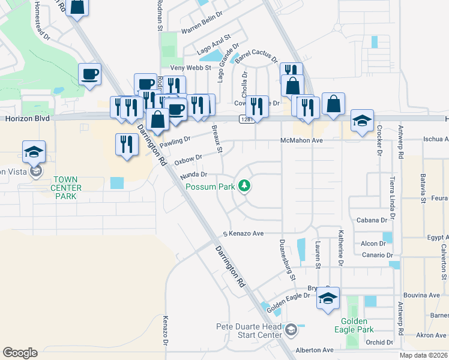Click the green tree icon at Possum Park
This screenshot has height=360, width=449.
(244, 187)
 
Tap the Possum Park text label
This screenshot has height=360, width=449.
(209, 187)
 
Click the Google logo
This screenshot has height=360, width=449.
(20, 352)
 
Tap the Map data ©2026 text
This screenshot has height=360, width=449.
(423, 355)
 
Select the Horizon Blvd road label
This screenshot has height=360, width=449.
(26, 119)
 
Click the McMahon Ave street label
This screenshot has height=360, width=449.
(301, 140)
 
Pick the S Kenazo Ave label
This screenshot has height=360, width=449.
(244, 233)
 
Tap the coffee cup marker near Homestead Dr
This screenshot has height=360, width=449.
(89, 74)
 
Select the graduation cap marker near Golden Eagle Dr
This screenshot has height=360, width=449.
(328, 299)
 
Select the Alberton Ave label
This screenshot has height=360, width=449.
(314, 350)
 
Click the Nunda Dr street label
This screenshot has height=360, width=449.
(193, 175)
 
